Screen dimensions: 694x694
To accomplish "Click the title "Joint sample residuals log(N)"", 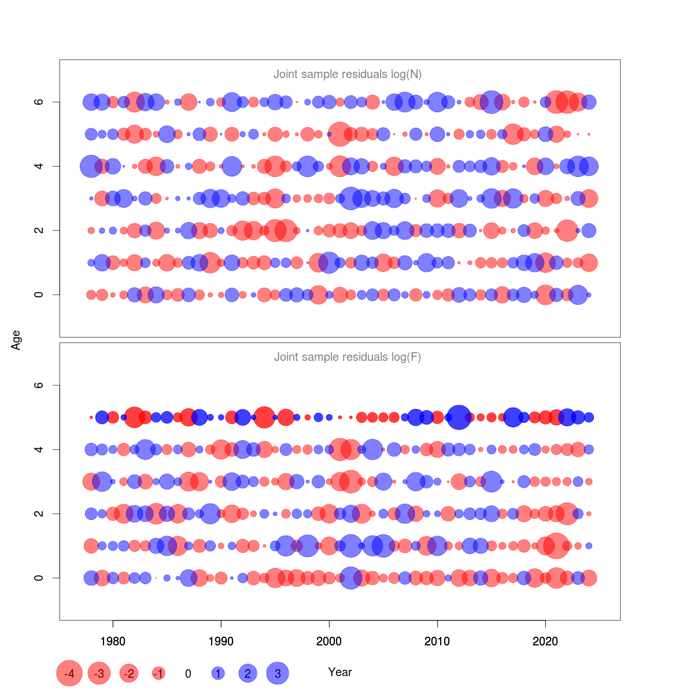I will pyautogui.click(x=347, y=74).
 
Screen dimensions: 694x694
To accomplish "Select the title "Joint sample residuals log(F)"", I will pyautogui.click(x=347, y=357).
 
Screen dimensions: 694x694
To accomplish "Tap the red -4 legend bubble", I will pyautogui.click(x=69, y=673).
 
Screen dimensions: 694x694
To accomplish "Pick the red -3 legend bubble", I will pyautogui.click(x=99, y=673).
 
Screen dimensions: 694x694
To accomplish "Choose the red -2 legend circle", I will pyautogui.click(x=128, y=673).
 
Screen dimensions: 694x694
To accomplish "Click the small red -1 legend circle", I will pyautogui.click(x=158, y=673).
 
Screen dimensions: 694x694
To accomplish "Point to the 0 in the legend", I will pyautogui.click(x=188, y=674).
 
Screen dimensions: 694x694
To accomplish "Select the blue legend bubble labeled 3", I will pyautogui.click(x=278, y=673).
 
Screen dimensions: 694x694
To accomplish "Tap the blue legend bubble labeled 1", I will pyautogui.click(x=218, y=673).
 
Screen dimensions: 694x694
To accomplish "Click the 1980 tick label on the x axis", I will pyautogui.click(x=113, y=641).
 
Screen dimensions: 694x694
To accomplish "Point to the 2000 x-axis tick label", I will pyautogui.click(x=329, y=641).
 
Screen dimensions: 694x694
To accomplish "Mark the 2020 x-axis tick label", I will pyautogui.click(x=545, y=641).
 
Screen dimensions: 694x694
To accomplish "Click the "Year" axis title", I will pyautogui.click(x=340, y=672).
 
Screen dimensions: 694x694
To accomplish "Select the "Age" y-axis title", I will pyautogui.click(x=16, y=340).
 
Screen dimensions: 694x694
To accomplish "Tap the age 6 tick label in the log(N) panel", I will pyautogui.click(x=39, y=102).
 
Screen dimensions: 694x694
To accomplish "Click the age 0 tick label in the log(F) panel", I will pyautogui.click(x=39, y=578).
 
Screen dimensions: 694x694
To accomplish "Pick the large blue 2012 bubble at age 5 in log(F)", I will pyautogui.click(x=459, y=417).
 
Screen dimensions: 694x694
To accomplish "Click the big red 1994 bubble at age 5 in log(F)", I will pyautogui.click(x=264, y=417).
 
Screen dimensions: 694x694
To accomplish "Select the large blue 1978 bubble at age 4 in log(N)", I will pyautogui.click(x=91, y=167).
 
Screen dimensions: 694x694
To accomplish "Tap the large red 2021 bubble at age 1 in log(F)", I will pyautogui.click(x=556, y=545).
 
